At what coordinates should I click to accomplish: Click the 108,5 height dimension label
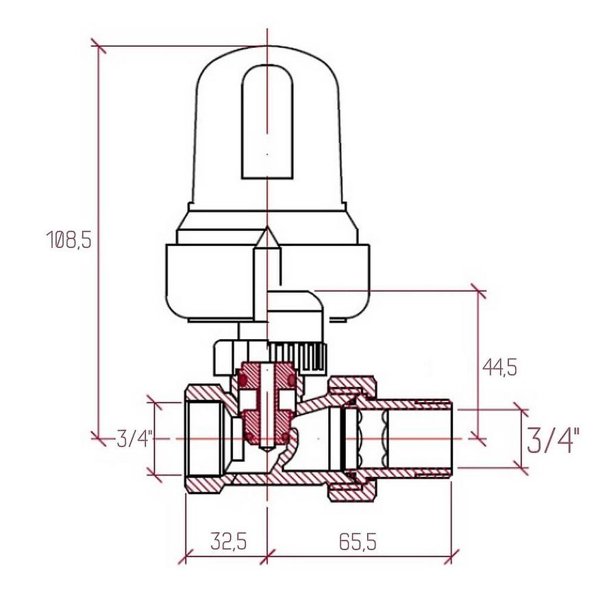(x=69, y=240)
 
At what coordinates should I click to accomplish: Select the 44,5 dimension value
(x=499, y=368)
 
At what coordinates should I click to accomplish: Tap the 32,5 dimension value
(x=229, y=541)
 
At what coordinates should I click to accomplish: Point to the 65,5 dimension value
(x=358, y=541)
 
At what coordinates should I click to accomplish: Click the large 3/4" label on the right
(x=553, y=440)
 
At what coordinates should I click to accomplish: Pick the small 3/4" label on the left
(x=135, y=439)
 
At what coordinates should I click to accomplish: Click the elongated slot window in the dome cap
(x=268, y=122)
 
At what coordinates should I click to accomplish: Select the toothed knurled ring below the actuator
(x=299, y=356)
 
